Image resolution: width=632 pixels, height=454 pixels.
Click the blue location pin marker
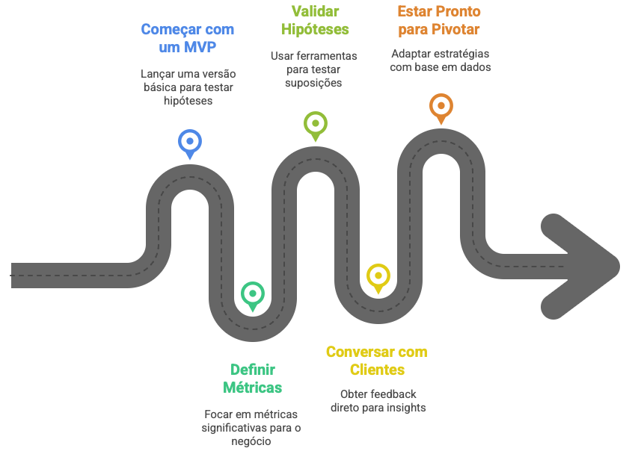point(190,141)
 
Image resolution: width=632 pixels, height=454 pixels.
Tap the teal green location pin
point(253,293)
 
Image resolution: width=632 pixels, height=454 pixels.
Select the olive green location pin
point(315,123)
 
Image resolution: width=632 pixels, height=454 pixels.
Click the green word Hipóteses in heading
point(316,29)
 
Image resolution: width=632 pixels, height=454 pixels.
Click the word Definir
point(253,370)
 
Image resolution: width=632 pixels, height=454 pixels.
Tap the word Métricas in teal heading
point(253,388)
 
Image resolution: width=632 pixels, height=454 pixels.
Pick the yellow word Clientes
point(377,370)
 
